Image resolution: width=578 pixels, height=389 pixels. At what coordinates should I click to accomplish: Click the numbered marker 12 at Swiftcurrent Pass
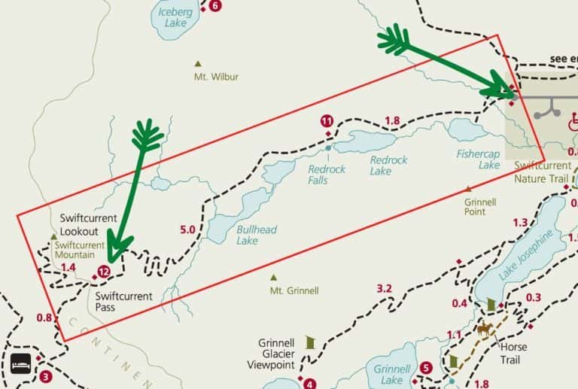pos(104,272)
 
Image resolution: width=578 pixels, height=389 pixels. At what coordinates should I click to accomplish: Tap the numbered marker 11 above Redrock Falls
pos(327,120)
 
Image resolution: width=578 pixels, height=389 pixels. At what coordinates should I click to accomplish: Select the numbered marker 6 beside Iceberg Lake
pos(216,6)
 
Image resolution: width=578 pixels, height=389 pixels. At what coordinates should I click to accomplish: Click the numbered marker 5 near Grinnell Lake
pos(426,368)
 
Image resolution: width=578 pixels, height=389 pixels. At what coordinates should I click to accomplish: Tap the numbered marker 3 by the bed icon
pos(46,376)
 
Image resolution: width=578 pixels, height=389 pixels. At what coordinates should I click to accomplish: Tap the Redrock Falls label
pos(327,175)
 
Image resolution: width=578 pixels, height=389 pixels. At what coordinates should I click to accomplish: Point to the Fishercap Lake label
pos(478,159)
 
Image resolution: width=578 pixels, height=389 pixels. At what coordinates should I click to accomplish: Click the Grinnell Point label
pos(480,207)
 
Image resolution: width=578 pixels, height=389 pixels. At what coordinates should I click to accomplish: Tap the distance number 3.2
pos(385,288)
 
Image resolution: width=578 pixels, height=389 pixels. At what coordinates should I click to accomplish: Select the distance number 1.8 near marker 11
pos(392,120)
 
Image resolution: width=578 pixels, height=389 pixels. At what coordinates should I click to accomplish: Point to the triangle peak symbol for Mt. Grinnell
pos(273,276)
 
